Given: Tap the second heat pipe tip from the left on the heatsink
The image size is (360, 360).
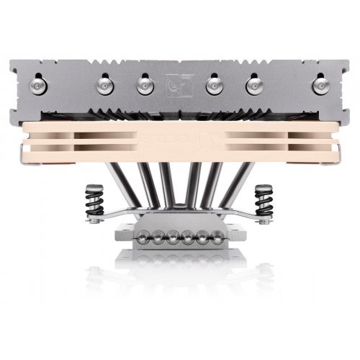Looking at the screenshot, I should point(102,84).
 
